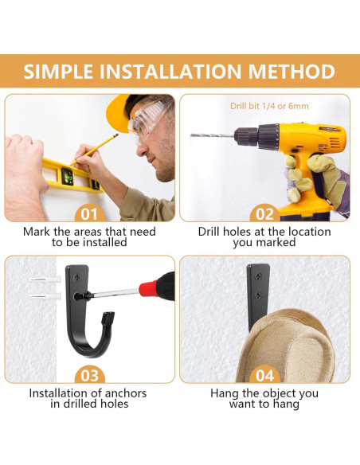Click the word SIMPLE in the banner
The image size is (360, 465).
(58, 72)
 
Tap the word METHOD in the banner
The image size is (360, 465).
(292, 72)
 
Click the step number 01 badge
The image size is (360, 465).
(89, 214)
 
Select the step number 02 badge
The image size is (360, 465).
(264, 214)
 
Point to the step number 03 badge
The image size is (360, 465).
(89, 376)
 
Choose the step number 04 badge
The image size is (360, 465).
(264, 376)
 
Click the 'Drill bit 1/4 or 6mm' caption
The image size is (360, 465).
(269, 106)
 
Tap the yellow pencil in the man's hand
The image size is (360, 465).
(94, 149)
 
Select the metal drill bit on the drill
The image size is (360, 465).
(213, 135)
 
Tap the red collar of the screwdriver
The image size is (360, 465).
(148, 288)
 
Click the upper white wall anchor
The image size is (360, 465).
(45, 279)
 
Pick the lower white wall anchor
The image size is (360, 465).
(45, 296)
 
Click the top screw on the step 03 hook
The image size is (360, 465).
(77, 278)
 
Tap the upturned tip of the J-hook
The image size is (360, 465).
(108, 318)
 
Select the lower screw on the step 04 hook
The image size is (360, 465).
(258, 295)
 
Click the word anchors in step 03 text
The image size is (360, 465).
(126, 393)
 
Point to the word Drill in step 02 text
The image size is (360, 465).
(209, 232)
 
